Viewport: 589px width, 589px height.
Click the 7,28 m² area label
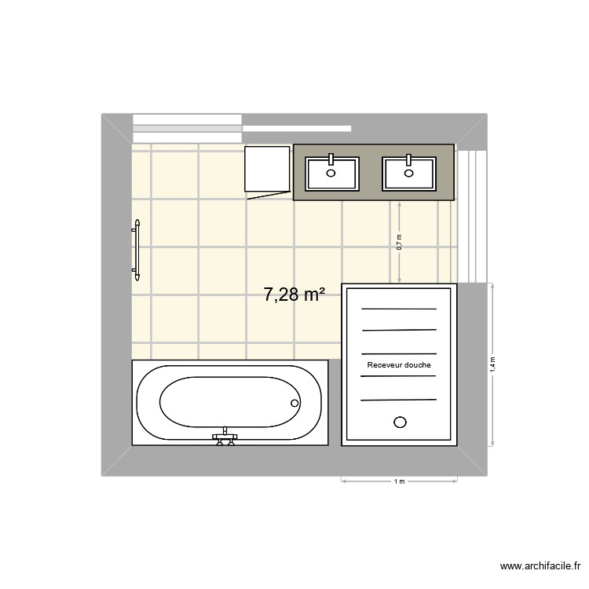294,295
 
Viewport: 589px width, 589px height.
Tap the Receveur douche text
399,365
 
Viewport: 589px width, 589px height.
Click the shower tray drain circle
400,422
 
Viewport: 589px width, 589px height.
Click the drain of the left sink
331,174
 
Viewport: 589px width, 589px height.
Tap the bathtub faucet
225,437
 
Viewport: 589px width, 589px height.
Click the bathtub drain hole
295,404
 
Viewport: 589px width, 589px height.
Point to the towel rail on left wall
137,251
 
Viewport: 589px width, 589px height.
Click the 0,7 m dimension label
399,242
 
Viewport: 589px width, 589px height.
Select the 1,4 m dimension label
493,364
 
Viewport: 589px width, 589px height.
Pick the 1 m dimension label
399,481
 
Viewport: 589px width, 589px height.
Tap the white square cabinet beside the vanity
267,169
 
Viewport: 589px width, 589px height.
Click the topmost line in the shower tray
399,309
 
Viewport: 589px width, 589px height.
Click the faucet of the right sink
408,159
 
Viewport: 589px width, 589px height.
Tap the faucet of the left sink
331,159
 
